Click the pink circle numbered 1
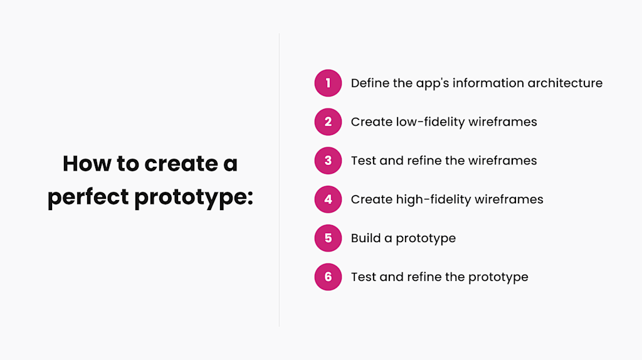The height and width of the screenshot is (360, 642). pos(328,83)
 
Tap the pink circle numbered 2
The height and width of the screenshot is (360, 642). pos(328,122)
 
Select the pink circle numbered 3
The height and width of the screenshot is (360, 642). pos(328,161)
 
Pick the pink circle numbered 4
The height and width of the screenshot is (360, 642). pos(328,199)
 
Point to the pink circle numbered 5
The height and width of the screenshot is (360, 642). pos(328,238)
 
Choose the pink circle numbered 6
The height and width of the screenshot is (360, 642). pos(328,277)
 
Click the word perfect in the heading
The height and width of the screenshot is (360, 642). pos(88,197)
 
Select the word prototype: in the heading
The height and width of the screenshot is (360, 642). pos(194,197)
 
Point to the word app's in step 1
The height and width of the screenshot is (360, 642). pos(433,83)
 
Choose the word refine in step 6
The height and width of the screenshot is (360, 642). pos(424,277)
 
